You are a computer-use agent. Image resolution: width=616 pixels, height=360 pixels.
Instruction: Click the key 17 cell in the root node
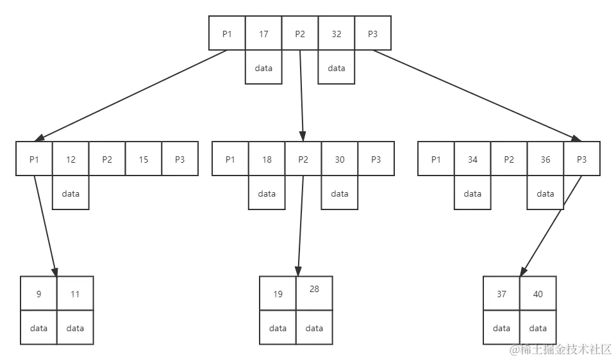pyautogui.click(x=263, y=34)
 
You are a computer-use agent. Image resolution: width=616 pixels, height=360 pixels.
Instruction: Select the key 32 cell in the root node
pyautogui.click(x=337, y=34)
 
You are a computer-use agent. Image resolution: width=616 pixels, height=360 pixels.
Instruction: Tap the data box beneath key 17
pyautogui.click(x=263, y=68)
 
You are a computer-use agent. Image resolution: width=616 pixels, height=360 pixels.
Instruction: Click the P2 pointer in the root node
pyautogui.click(x=300, y=34)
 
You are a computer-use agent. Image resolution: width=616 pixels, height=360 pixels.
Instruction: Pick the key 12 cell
pyautogui.click(x=71, y=160)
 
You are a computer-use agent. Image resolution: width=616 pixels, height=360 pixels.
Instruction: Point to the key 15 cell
pyautogui.click(x=144, y=160)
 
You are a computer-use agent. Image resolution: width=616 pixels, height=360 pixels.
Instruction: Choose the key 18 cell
pyautogui.click(x=267, y=160)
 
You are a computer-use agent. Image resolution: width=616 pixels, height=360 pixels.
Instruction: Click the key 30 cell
pyautogui.click(x=340, y=160)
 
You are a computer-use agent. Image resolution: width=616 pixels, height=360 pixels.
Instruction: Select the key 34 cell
pyautogui.click(x=472, y=160)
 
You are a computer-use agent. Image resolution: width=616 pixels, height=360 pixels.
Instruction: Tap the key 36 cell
pyautogui.click(x=545, y=160)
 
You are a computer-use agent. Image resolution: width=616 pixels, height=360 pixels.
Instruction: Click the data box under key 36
pyautogui.click(x=545, y=193)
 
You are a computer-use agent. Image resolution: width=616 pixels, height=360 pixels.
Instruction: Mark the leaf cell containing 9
pyautogui.click(x=38, y=294)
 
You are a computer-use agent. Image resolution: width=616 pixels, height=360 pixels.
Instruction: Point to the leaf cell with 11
pyautogui.click(x=75, y=294)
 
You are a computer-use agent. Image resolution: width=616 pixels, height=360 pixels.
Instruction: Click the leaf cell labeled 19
pyautogui.click(x=278, y=294)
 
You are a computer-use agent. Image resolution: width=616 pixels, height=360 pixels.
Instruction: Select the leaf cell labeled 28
pyautogui.click(x=314, y=291)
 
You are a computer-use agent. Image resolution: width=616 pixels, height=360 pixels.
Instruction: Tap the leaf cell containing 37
pyautogui.click(x=501, y=294)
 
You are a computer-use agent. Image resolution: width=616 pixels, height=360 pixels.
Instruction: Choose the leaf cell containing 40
pyautogui.click(x=538, y=294)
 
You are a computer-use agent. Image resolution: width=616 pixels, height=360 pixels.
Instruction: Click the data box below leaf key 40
pyautogui.click(x=538, y=328)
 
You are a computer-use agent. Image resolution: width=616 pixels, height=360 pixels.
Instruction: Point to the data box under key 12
pyautogui.click(x=71, y=193)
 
